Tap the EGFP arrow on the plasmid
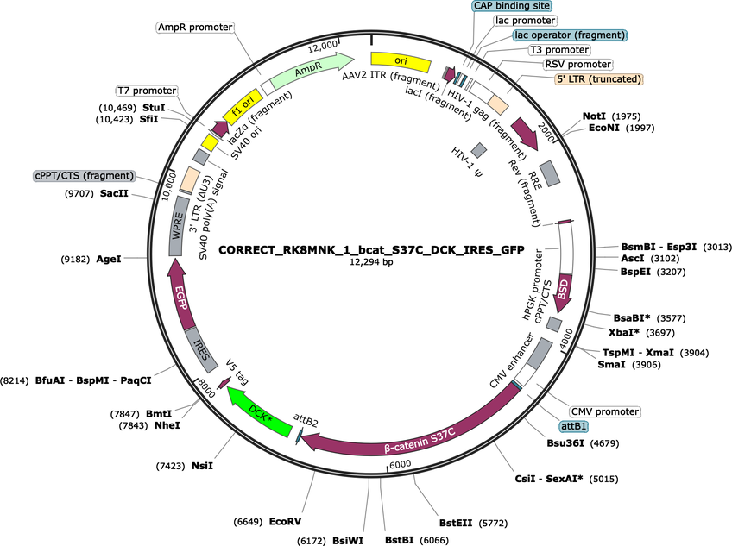[180, 295]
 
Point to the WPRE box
[176, 226]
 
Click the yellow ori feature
[400, 61]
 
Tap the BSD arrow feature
[563, 293]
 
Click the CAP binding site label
[512, 6]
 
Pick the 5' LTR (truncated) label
[599, 79]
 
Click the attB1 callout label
[574, 426]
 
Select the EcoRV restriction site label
[285, 521]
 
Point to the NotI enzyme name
[594, 116]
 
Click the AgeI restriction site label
[108, 259]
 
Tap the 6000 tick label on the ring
[400, 464]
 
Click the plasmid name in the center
[371, 250]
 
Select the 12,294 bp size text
[371, 262]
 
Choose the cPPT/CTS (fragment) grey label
[84, 176]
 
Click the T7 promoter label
[147, 91]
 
